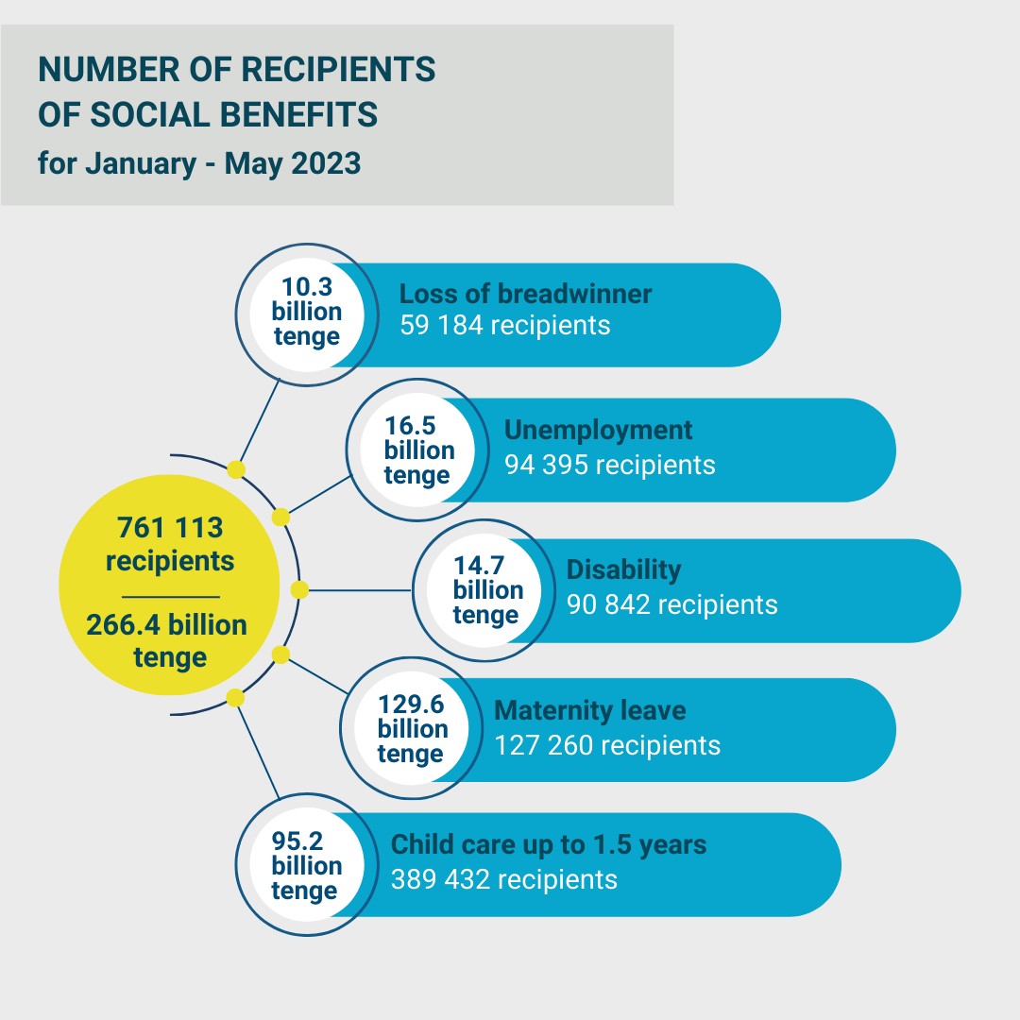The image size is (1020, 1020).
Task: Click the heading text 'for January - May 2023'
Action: click(x=199, y=163)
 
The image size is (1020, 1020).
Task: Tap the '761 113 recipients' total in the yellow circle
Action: click(x=170, y=544)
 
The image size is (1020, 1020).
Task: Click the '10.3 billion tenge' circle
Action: click(x=306, y=312)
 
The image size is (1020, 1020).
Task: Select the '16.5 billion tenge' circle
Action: click(x=418, y=450)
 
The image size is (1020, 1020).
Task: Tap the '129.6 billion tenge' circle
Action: click(x=412, y=729)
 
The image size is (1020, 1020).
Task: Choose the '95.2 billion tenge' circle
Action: click(x=306, y=865)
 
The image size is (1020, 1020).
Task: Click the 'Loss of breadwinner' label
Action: click(x=525, y=294)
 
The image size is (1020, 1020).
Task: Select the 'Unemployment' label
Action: click(x=598, y=430)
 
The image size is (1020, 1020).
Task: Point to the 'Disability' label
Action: click(x=623, y=569)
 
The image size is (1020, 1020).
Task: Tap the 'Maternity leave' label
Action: click(x=590, y=710)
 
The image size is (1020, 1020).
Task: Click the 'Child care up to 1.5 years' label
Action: click(x=549, y=844)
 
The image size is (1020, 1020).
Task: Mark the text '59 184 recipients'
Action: click(x=504, y=326)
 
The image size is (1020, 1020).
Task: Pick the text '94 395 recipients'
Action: click(x=609, y=465)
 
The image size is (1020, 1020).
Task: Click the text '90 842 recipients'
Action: click(x=671, y=604)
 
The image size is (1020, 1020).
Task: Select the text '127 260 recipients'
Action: click(x=607, y=745)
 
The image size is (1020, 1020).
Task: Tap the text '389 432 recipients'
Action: click(x=504, y=879)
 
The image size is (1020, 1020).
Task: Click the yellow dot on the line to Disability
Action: click(x=299, y=590)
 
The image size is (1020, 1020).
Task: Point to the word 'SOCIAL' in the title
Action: click(x=152, y=115)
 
